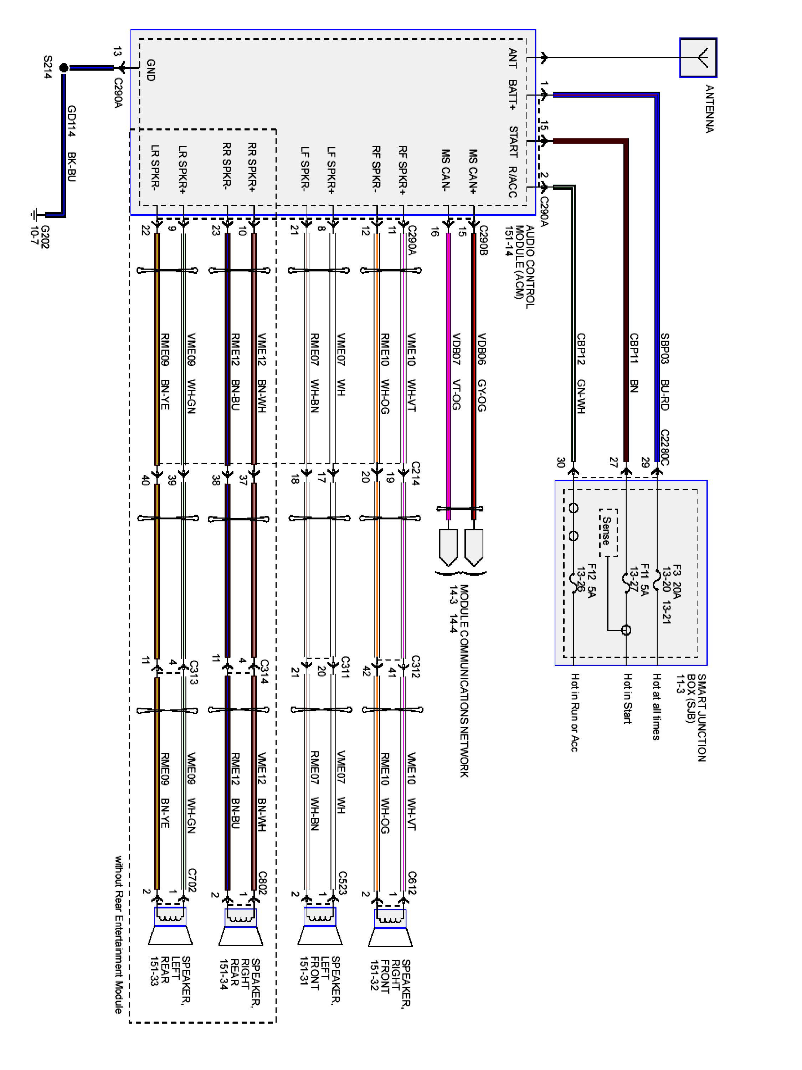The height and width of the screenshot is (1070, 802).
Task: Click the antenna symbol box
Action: [x=698, y=57]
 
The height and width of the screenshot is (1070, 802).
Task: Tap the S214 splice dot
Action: [x=63, y=68]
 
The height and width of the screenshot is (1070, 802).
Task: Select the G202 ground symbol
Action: [x=35, y=214]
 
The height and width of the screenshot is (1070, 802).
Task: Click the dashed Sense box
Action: [x=608, y=532]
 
